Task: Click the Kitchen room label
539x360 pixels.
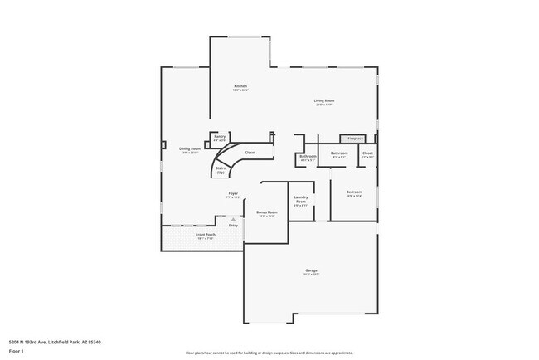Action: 240,87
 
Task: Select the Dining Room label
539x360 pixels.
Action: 190,150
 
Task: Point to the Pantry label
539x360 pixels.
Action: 220,139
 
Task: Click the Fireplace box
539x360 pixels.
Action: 355,138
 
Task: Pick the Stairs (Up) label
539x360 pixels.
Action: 221,169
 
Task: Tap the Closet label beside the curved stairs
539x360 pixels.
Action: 250,153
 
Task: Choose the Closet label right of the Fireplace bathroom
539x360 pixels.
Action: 367,154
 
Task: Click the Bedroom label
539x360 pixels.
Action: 354,194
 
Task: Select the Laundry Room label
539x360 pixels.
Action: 301,200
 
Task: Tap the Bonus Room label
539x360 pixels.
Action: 266,213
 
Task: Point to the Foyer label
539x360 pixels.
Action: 234,195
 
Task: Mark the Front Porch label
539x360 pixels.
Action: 206,236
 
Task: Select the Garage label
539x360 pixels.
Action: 311,271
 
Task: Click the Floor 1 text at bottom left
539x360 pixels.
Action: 16,349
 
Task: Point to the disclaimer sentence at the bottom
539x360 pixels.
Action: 269,353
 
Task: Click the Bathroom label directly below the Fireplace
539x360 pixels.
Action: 339,153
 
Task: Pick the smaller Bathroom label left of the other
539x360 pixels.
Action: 308,157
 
